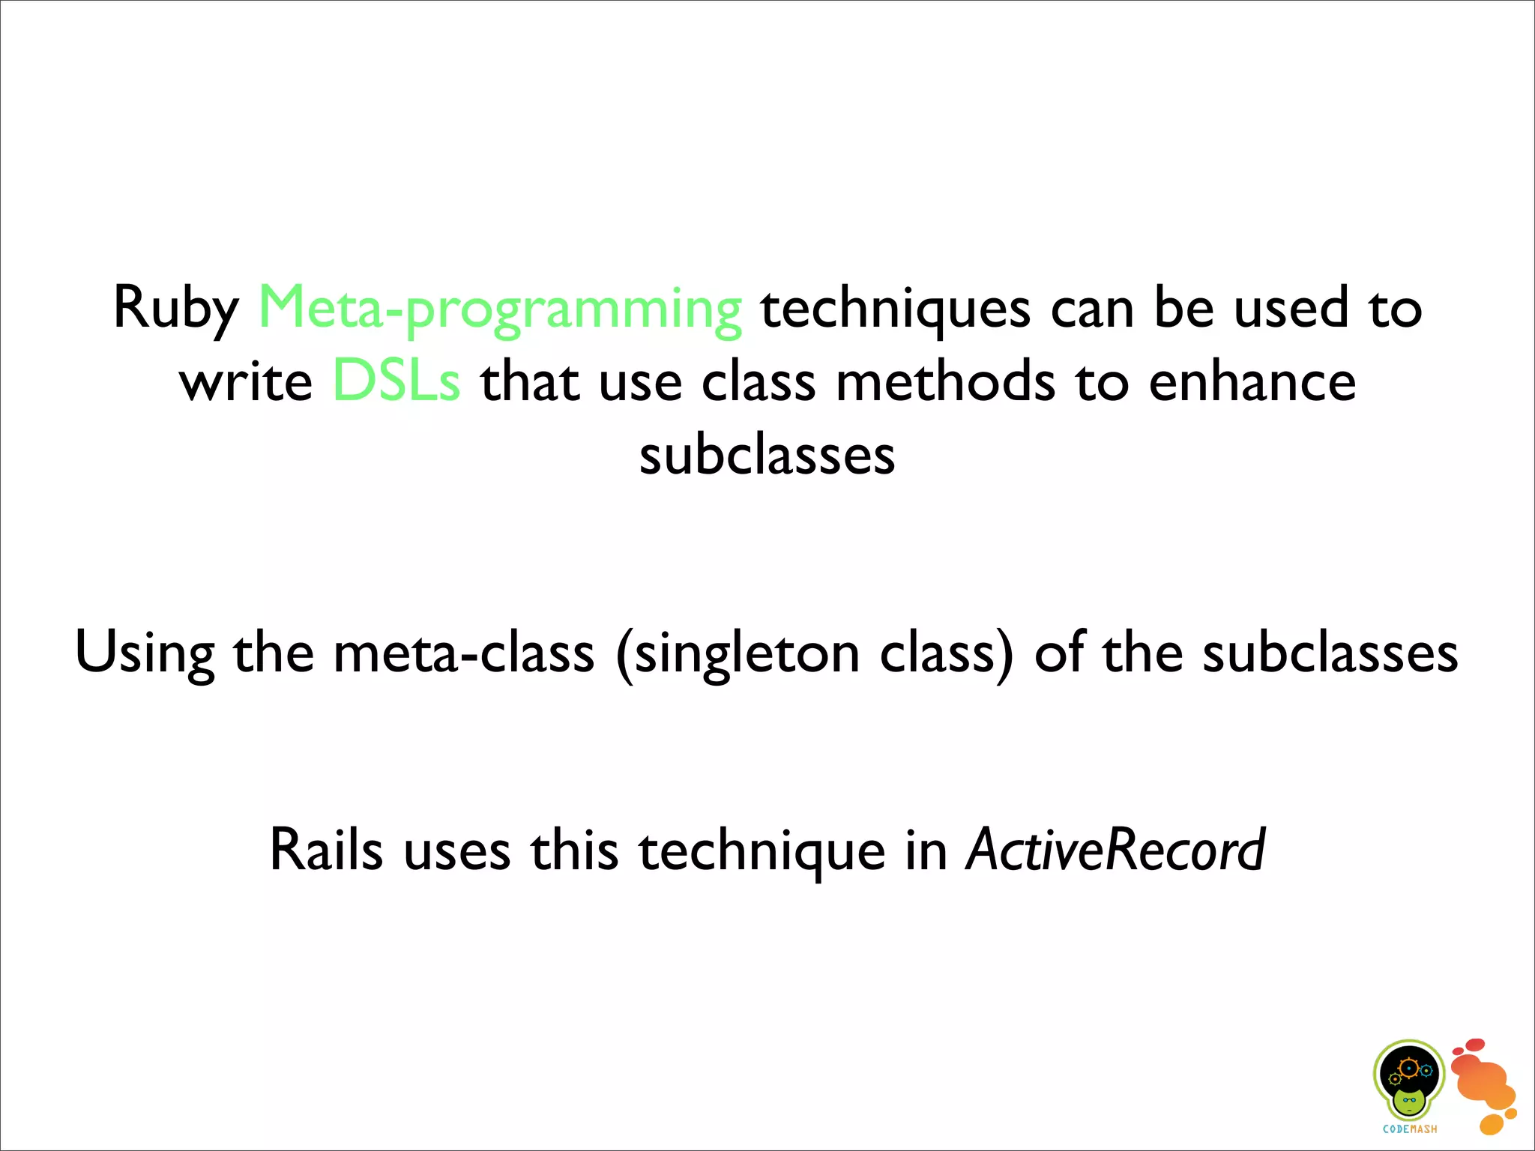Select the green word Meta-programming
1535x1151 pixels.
pyautogui.click(x=500, y=309)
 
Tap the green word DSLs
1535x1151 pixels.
pyautogui.click(x=396, y=381)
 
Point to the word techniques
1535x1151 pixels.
pyautogui.click(x=896, y=309)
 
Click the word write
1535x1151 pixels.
pyautogui.click(x=246, y=381)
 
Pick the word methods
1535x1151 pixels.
pyautogui.click(x=946, y=381)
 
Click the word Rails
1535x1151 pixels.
pyautogui.click(x=326, y=850)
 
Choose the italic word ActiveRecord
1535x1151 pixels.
pyautogui.click(x=1115, y=850)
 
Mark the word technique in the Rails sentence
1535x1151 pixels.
pyautogui.click(x=762, y=851)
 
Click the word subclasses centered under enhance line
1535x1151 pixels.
pyautogui.click(x=767, y=455)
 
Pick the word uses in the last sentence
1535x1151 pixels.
pyautogui.click(x=457, y=851)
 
